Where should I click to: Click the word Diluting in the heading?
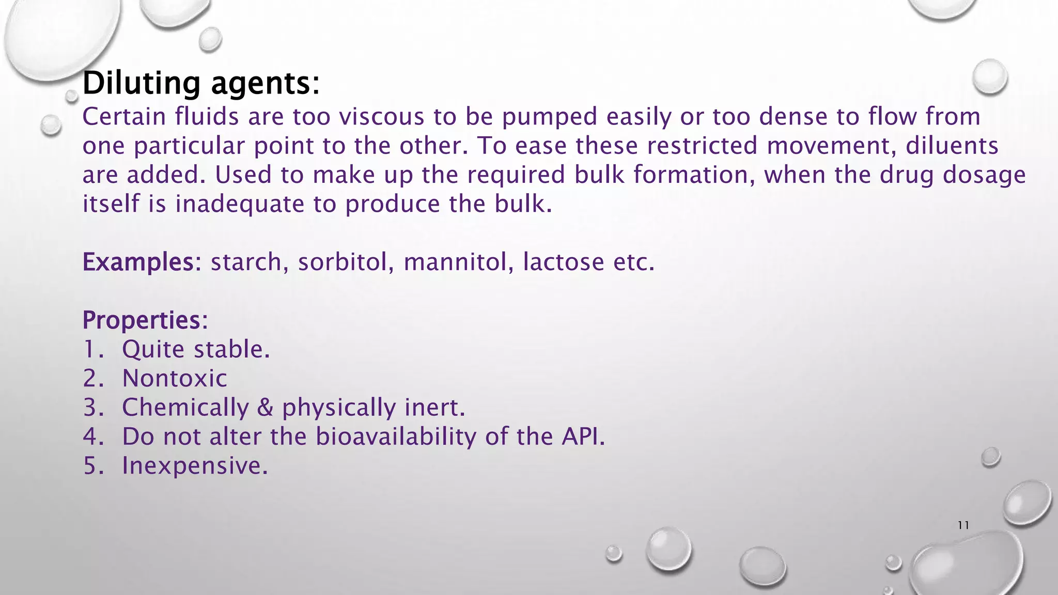141,83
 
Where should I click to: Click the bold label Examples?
138,262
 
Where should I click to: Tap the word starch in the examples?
246,262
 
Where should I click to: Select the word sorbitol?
343,262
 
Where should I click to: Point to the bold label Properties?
141,321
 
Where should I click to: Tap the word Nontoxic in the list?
175,379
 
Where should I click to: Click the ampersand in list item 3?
265,408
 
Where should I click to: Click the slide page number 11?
963,526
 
